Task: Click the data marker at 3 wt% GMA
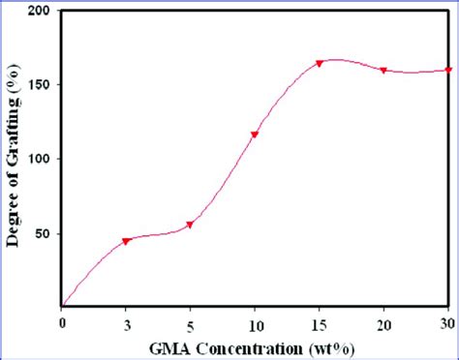click(126, 241)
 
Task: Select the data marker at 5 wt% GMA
click(190, 225)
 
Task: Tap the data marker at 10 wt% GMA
click(255, 135)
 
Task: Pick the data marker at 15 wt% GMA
click(320, 64)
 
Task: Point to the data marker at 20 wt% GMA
click(384, 71)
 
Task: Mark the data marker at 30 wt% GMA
click(447, 70)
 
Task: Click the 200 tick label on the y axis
click(40, 11)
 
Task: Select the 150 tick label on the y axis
click(40, 84)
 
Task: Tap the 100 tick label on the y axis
click(40, 159)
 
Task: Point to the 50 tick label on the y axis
click(44, 233)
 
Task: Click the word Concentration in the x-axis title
click(257, 346)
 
